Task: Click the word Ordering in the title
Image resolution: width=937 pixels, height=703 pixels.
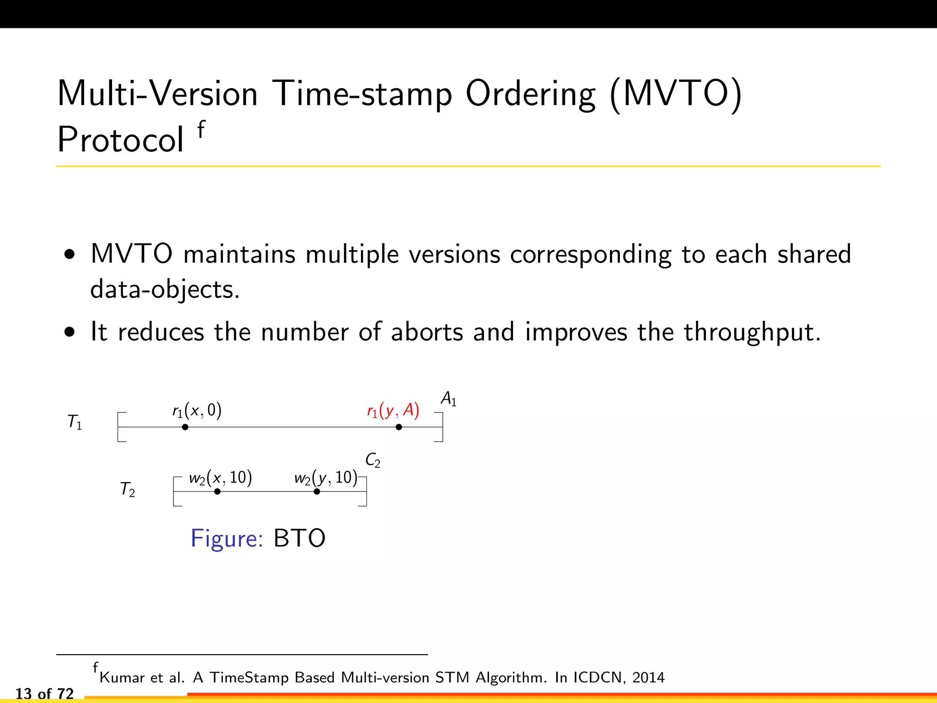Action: pyautogui.click(x=530, y=95)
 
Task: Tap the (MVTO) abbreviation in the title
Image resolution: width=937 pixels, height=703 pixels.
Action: pyautogui.click(x=676, y=95)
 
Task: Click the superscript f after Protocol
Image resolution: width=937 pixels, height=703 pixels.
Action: pyautogui.click(x=201, y=130)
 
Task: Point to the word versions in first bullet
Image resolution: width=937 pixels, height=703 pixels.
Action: pyautogui.click(x=454, y=254)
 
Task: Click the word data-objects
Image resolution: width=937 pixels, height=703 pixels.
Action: pyautogui.click(x=165, y=290)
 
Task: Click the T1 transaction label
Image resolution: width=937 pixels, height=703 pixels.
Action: pyautogui.click(x=75, y=422)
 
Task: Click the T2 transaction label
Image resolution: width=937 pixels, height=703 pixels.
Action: pyautogui.click(x=127, y=489)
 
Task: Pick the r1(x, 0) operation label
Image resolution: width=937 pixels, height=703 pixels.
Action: pyautogui.click(x=197, y=411)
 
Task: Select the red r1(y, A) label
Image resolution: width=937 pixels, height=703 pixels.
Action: pyautogui.click(x=393, y=411)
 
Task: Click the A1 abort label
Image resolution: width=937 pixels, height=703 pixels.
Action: pyautogui.click(x=448, y=399)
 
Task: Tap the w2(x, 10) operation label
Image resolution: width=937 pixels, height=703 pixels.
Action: pyautogui.click(x=220, y=478)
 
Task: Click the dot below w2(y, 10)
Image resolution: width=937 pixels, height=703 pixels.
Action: pyautogui.click(x=317, y=492)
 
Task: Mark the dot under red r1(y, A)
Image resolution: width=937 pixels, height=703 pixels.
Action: pyautogui.click(x=398, y=427)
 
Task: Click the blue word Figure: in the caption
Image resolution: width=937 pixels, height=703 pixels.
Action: pyautogui.click(x=226, y=538)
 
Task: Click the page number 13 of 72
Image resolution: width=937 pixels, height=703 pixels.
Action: pyautogui.click(x=44, y=694)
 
